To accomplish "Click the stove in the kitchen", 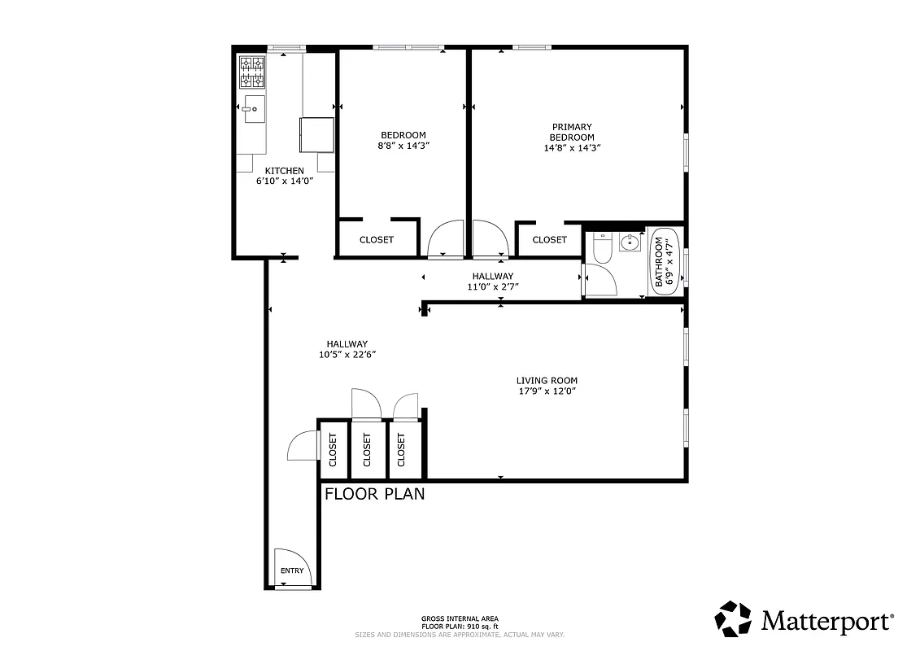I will (x=252, y=72).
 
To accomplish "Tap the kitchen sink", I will (x=254, y=109).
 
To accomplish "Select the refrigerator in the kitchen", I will (x=317, y=134).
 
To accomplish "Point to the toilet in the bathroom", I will (x=602, y=247).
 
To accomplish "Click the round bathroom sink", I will (x=630, y=242).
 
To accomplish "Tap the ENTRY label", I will (x=292, y=570).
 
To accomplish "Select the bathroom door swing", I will (x=600, y=281).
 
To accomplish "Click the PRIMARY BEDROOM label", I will (x=572, y=132).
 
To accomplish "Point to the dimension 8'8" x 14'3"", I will (x=403, y=146).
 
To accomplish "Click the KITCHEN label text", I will (x=284, y=170).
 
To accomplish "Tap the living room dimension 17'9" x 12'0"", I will (x=547, y=391).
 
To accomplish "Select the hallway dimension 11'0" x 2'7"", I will (x=492, y=286).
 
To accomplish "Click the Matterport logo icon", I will (x=733, y=618).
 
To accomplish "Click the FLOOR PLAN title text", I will (x=374, y=493).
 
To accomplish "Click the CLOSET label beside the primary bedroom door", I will (x=549, y=239).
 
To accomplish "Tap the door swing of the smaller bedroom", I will (x=447, y=239).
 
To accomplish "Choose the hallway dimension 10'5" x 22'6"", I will (x=347, y=354).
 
